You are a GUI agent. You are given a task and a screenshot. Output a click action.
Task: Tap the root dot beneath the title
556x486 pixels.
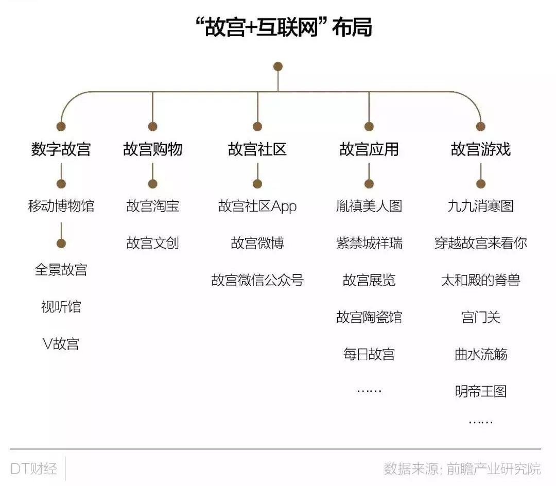[278, 66]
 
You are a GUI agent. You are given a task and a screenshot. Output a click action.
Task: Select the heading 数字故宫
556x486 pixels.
[61, 149]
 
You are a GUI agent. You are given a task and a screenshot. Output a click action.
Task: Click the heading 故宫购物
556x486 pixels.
[152, 149]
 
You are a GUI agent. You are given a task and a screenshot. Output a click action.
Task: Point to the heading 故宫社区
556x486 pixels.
[257, 149]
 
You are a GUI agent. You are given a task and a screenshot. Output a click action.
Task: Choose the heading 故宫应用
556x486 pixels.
[369, 149]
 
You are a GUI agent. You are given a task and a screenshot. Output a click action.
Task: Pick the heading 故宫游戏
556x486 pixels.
[480, 149]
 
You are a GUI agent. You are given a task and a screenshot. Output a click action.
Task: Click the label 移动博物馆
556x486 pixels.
[61, 206]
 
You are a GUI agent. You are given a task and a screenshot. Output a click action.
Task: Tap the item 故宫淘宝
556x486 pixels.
[152, 206]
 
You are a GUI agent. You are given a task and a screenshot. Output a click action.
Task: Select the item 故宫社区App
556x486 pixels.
[257, 206]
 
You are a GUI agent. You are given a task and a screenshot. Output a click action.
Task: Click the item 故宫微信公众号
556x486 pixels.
[257, 280]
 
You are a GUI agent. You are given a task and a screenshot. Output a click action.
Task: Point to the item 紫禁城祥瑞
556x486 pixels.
[369, 243]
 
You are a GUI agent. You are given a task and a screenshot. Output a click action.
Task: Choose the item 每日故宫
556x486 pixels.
[369, 354]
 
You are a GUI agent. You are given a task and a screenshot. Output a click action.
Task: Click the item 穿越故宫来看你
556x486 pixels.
[480, 243]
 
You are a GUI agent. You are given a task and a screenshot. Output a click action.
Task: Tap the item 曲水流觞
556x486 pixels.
[480, 354]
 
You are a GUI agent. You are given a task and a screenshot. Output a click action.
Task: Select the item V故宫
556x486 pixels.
[61, 343]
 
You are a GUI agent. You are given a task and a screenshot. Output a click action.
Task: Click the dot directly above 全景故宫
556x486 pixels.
[61, 244]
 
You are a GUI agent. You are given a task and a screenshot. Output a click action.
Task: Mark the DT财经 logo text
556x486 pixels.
[33, 468]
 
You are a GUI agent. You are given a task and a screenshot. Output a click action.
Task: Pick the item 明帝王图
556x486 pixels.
[480, 391]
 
